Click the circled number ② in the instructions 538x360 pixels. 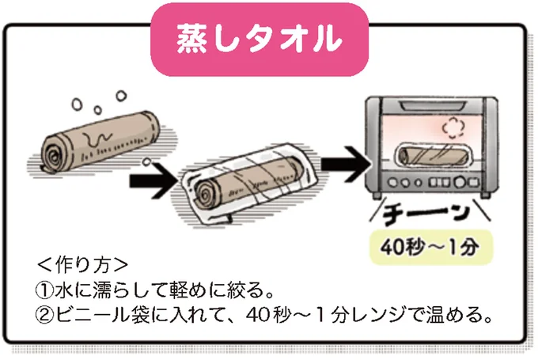(x=46, y=315)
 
